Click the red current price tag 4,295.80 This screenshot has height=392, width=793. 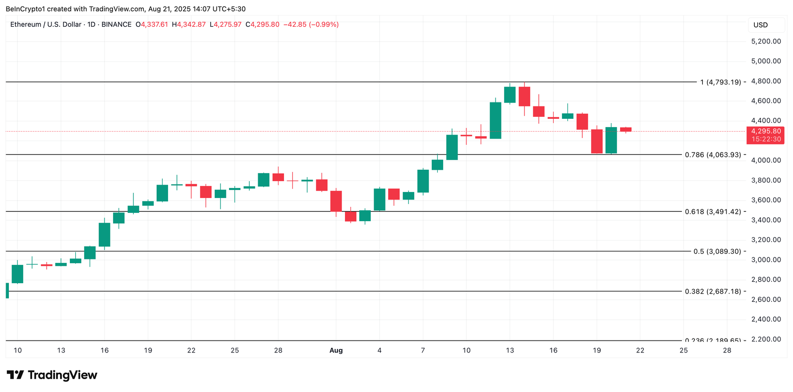coord(766,131)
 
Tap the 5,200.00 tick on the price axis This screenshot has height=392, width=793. coord(766,41)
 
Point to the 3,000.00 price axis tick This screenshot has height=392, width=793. coord(766,259)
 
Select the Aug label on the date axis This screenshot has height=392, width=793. coord(336,350)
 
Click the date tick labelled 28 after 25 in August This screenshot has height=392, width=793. coord(727,350)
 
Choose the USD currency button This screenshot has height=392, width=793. coord(761,25)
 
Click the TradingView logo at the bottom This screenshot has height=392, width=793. coord(52,375)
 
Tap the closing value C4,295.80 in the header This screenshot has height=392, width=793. coord(263,24)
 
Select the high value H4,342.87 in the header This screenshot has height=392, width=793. coord(189,24)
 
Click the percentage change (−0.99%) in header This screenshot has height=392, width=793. coord(324,24)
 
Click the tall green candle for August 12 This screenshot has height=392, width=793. coord(496,120)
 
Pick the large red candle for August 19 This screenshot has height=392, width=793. coord(597,141)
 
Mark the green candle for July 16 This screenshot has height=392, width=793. coord(105,234)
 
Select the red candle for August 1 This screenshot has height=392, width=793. coord(336,201)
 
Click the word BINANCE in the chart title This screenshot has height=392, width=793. coord(116,24)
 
